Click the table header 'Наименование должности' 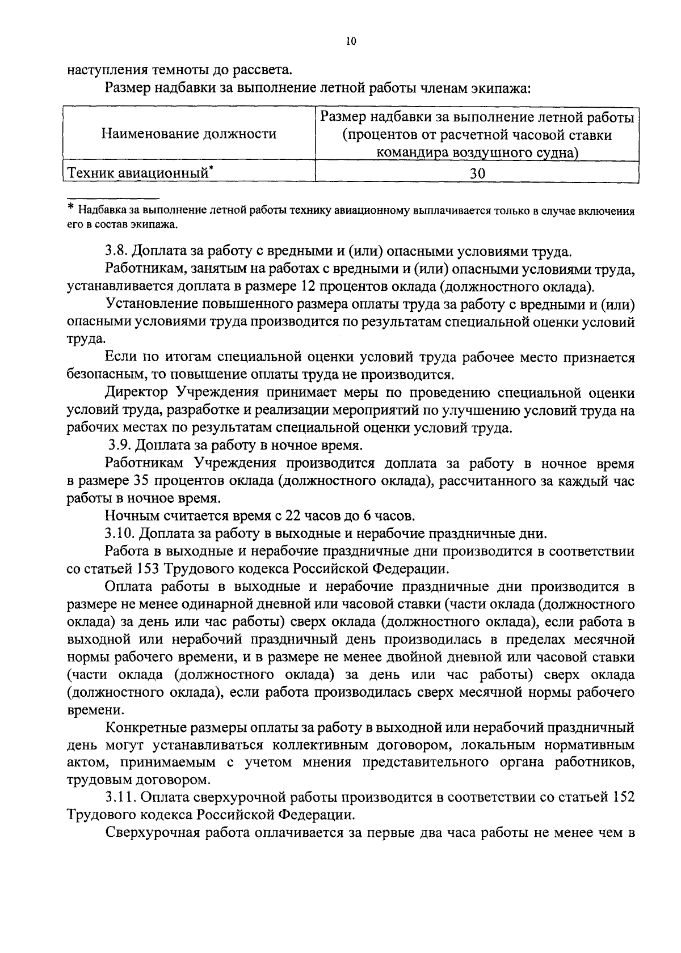[189, 134]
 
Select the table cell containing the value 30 [477, 173]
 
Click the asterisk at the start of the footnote [71, 209]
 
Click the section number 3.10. [120, 533]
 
